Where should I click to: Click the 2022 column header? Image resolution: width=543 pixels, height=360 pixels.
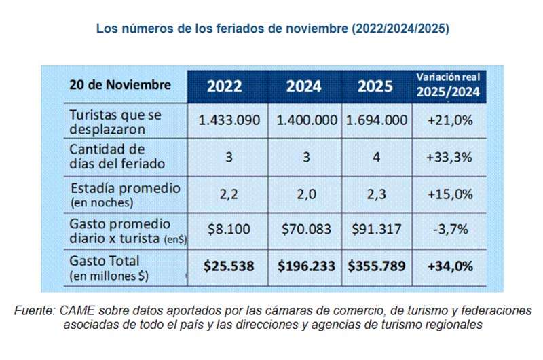(229, 86)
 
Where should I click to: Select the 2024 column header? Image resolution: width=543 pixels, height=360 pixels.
(304, 86)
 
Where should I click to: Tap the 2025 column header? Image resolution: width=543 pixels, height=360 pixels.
(375, 86)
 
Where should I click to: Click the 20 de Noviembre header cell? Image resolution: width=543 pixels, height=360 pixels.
(119, 85)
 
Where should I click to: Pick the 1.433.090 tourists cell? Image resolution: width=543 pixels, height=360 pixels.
(229, 120)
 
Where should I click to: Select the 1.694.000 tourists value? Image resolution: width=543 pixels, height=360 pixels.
(376, 120)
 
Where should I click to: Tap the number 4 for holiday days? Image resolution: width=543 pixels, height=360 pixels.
(376, 157)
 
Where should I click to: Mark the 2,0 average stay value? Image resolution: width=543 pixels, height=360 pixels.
(304, 194)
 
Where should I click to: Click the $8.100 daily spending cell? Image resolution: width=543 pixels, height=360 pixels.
(229, 230)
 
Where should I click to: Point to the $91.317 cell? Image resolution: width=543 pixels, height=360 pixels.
(376, 230)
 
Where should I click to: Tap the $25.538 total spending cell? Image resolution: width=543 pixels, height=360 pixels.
(229, 266)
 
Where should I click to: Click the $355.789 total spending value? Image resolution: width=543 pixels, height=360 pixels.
(376, 266)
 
